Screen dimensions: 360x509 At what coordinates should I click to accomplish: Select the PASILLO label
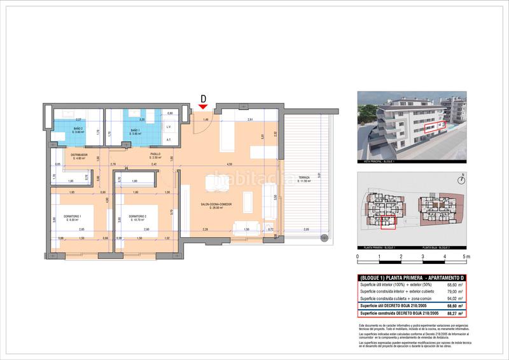[155, 154]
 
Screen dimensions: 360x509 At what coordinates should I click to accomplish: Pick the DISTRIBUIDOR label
[78, 155]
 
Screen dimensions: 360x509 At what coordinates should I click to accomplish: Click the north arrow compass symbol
[464, 177]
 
